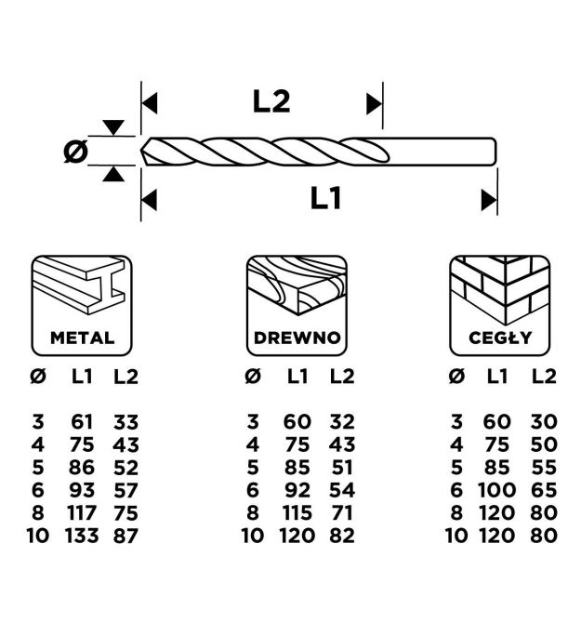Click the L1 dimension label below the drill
pos(327,198)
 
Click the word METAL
pos(83,338)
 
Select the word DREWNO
pos(297,338)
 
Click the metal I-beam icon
pos(83,288)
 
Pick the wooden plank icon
pos(297,288)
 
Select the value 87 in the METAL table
pos(125,535)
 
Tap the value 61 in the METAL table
pos(82,423)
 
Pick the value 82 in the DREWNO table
pos(342,535)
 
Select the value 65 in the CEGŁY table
pos(545,490)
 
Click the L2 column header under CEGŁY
pos(545,377)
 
